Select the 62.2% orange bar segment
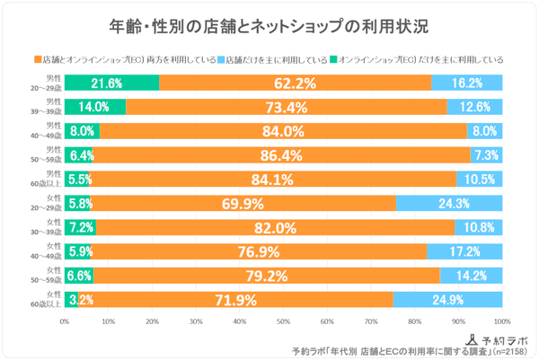[x=296, y=83]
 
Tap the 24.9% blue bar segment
[x=447, y=299]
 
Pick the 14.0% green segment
[x=94, y=108]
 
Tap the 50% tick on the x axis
[x=284, y=320]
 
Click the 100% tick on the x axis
[x=501, y=320]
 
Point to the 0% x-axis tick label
[x=65, y=320]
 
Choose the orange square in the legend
[x=38, y=59]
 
